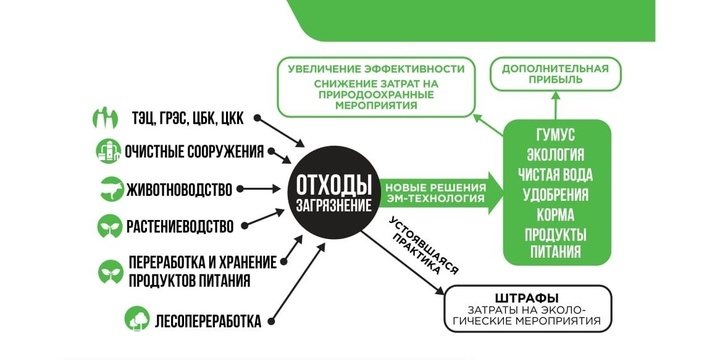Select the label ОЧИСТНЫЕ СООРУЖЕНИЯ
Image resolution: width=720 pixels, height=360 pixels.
pos(193,151)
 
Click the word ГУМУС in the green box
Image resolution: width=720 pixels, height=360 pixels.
pos(556,133)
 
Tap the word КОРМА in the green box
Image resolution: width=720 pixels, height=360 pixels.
pos(556,214)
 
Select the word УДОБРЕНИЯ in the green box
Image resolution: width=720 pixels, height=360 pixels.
pos(556,194)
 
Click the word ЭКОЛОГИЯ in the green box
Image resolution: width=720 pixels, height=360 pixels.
pos(556,153)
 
